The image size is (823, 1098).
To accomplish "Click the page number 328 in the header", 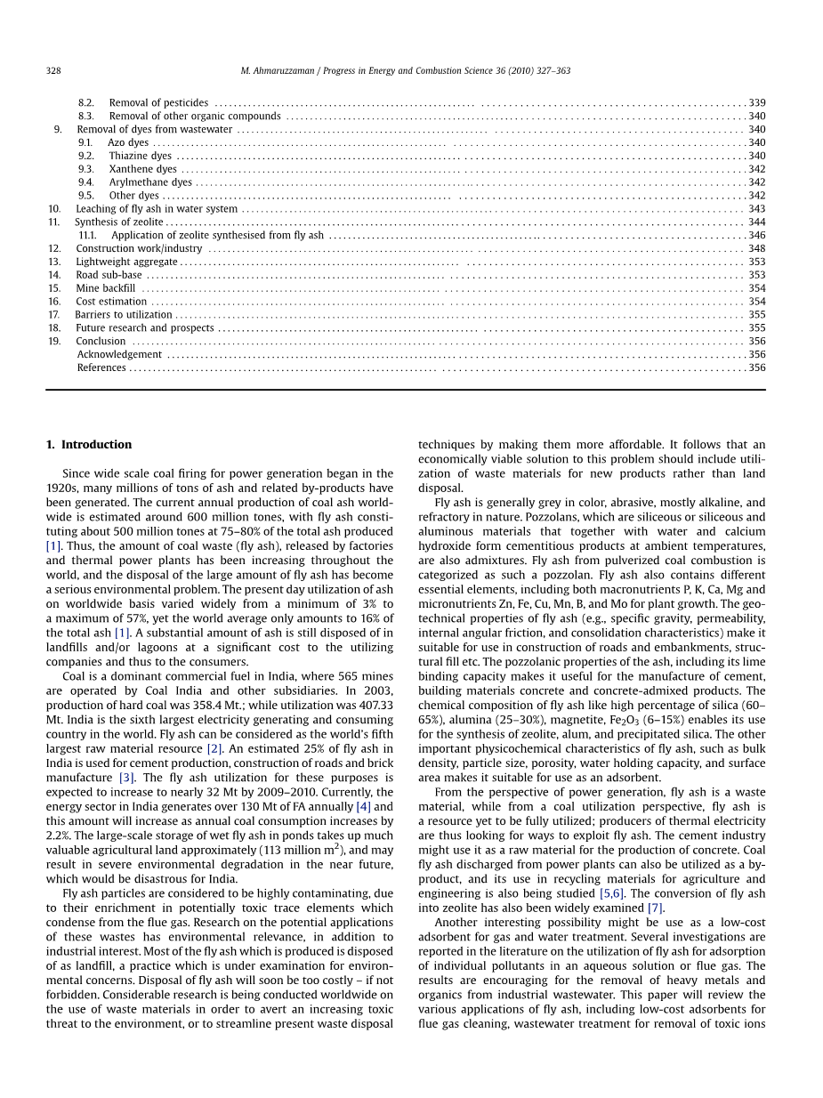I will (x=52, y=70).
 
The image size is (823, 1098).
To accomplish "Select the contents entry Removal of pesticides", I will (x=158, y=103).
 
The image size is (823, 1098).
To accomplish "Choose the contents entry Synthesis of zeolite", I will (x=119, y=222).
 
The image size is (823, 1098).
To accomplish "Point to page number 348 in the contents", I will (x=756, y=248).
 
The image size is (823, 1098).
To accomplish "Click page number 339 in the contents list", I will (x=756, y=103).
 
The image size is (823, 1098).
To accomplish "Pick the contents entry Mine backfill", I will (x=106, y=288).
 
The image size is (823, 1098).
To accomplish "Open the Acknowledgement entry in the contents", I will (x=119, y=354).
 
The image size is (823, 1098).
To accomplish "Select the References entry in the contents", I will (x=101, y=367).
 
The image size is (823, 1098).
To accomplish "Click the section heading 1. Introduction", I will (x=89, y=445).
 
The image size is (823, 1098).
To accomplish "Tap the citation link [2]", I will (x=214, y=748).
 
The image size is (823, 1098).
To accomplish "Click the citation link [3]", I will (x=127, y=778).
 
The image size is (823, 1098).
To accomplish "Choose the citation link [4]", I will (x=363, y=806).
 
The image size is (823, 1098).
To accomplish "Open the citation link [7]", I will (x=655, y=908).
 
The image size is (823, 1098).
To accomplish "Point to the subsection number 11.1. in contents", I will (x=87, y=235).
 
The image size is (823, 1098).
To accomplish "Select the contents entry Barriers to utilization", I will (x=124, y=314).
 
